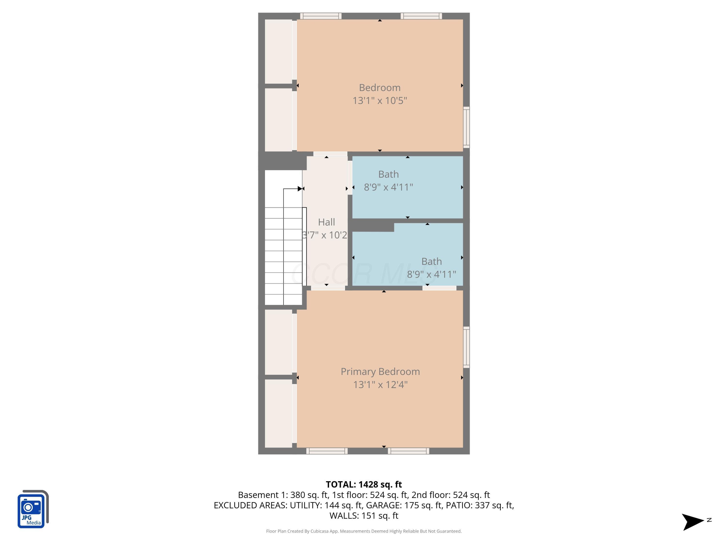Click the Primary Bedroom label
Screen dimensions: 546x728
coord(380,372)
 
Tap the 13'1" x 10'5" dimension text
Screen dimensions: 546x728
coord(380,100)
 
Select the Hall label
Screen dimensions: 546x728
coord(326,222)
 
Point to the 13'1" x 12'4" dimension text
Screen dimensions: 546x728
coord(380,384)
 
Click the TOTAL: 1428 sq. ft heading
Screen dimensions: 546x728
coord(364,484)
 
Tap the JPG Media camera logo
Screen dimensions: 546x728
coord(33,509)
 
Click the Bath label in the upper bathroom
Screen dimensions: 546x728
coord(388,174)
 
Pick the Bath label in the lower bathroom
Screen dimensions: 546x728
coord(431,261)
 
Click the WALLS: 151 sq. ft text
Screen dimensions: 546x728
coord(364,516)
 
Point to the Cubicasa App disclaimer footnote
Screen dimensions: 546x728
coord(364,531)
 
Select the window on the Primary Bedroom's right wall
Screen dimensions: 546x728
coord(466,347)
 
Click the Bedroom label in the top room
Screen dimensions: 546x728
coord(380,88)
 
